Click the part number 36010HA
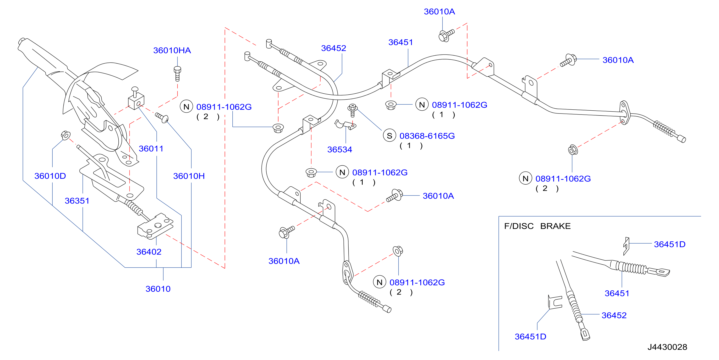pos(172,50)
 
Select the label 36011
pos(151,149)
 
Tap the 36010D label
pos(50,176)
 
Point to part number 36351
pos(77,201)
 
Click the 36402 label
pos(149,252)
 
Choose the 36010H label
pos(189,176)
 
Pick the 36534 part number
pos(340,150)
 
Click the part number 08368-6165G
pos(427,136)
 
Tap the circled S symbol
pos(389,136)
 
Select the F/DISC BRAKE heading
pos(537,226)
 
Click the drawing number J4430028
pos(667,347)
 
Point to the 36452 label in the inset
pos(614,315)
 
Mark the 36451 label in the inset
pos(617,293)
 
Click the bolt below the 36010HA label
pos(177,74)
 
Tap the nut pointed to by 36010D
pos(65,136)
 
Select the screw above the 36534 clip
pos(352,110)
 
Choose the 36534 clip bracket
pos(345,125)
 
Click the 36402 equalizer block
pos(155,226)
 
